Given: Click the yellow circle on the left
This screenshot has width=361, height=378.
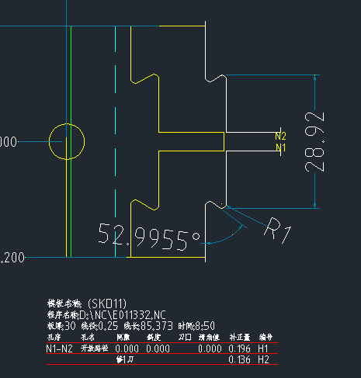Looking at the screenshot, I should [67, 141].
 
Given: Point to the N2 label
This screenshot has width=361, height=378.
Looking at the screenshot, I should [281, 136].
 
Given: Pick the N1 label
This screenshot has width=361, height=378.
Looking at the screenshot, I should [281, 147].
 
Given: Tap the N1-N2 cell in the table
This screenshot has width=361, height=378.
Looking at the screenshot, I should [61, 350].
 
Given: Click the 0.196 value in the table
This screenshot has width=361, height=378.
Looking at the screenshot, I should [238, 350].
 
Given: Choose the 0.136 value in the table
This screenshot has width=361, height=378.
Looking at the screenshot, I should [238, 361].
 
